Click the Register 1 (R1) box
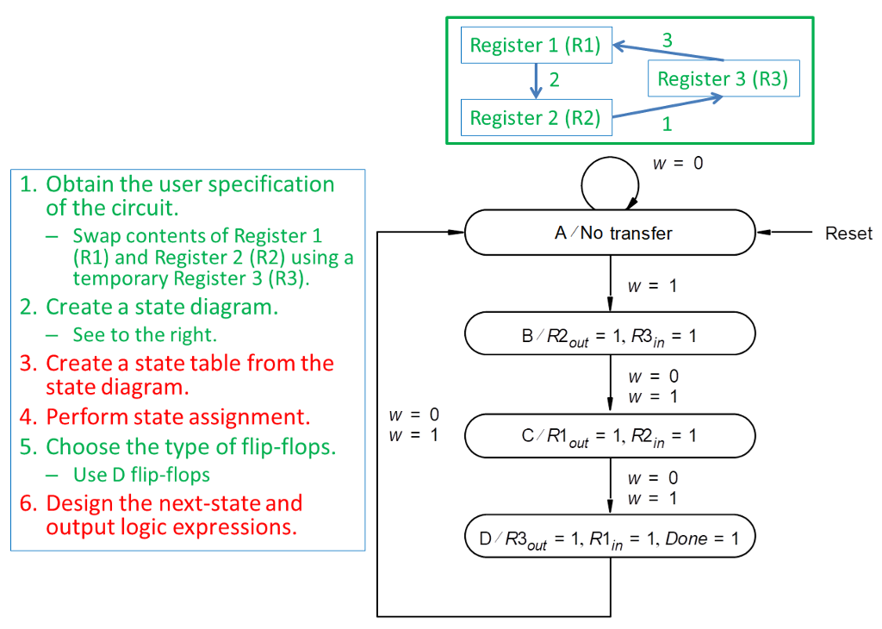(536, 45)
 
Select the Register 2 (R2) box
(536, 118)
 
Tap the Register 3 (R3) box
(723, 79)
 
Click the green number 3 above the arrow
(667, 40)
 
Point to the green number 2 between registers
(555, 80)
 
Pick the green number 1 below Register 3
(667, 124)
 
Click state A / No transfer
(610, 233)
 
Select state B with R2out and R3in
(610, 334)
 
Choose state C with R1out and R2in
(610, 436)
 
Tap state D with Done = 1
(610, 538)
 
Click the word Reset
(848, 234)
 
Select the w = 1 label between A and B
(651, 286)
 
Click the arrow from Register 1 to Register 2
(536, 81)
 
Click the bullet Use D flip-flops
(141, 475)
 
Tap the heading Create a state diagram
(161, 307)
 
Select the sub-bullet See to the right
(144, 334)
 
